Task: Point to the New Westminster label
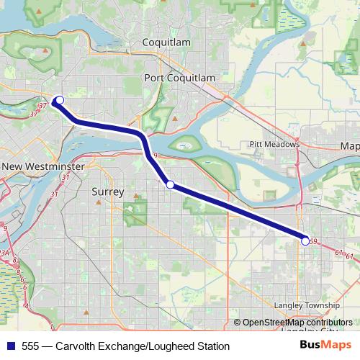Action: (x=43, y=166)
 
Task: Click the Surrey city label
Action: (x=108, y=192)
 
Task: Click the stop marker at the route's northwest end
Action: (x=60, y=100)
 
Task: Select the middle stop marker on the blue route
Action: (x=170, y=185)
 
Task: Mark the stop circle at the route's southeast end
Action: (x=305, y=241)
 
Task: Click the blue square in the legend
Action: (x=10, y=346)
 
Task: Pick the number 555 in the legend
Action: (x=31, y=346)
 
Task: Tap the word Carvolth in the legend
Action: (x=76, y=346)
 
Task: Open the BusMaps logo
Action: (x=325, y=346)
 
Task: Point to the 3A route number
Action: (x=4, y=252)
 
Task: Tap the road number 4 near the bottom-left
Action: (x=27, y=307)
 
